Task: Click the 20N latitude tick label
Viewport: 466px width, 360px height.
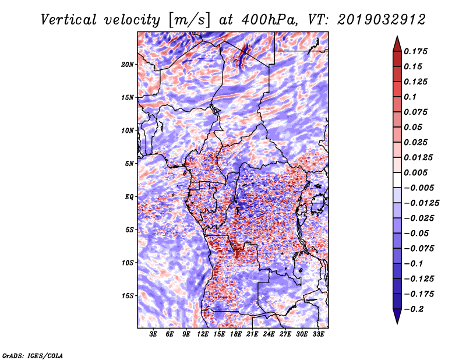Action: [128, 65]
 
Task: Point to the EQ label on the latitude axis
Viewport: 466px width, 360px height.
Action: [129, 197]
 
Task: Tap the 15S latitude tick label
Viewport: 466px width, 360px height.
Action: [128, 296]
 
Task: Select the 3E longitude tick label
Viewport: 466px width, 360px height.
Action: [153, 334]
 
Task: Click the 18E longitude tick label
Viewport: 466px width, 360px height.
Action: [236, 334]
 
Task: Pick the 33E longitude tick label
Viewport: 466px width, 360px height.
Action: [318, 334]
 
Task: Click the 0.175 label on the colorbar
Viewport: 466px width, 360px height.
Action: [415, 51]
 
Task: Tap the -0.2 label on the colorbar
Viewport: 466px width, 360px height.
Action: [414, 309]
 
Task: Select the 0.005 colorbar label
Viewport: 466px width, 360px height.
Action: [415, 172]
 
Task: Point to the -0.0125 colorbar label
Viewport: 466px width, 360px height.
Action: [421, 203]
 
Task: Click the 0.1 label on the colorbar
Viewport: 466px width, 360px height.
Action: [410, 97]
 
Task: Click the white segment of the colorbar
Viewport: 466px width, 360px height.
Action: [397, 180]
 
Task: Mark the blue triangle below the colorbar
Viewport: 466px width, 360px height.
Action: [397, 316]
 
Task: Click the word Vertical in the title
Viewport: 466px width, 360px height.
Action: [69, 20]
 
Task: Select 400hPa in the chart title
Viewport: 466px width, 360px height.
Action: [269, 20]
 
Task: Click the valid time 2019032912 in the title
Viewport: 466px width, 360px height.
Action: [382, 20]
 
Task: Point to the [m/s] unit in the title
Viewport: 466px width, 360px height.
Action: [189, 20]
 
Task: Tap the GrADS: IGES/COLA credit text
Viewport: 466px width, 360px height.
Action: [33, 355]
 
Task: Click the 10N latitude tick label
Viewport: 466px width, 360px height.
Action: [128, 130]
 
